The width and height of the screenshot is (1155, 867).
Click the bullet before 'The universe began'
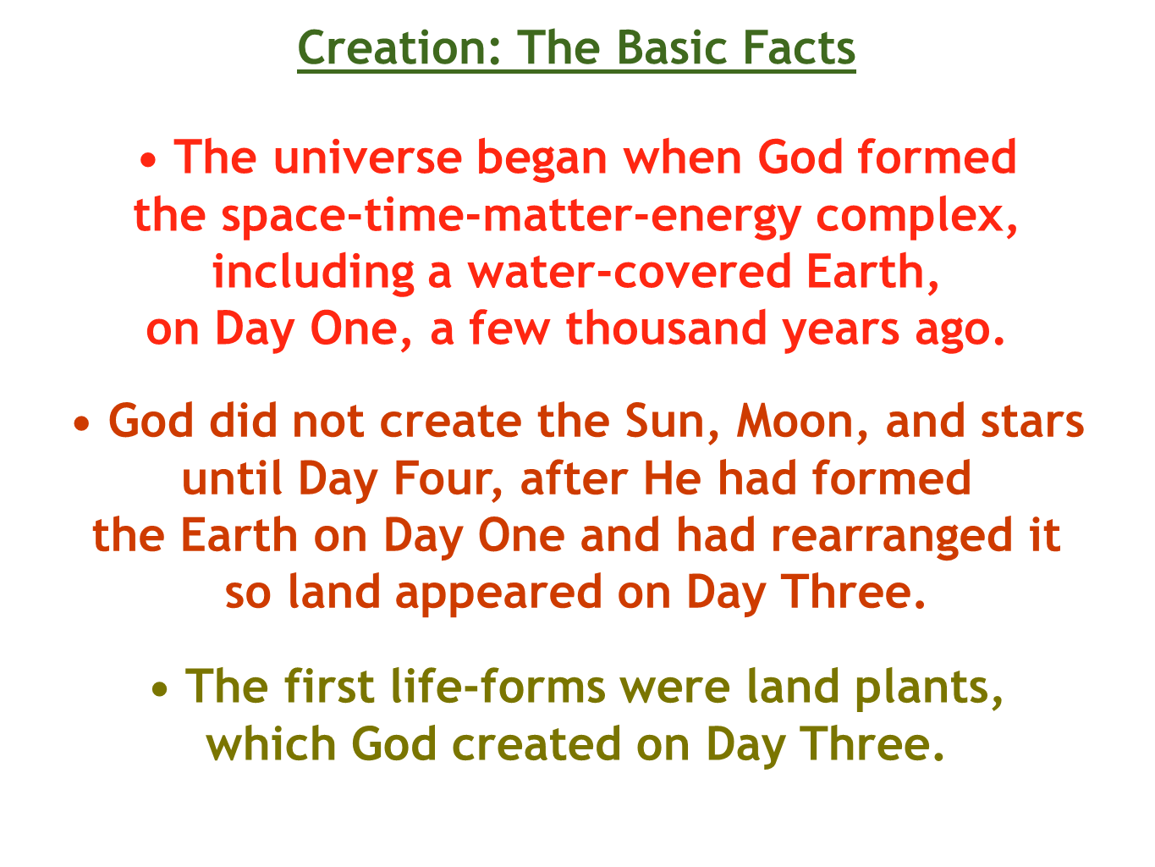[148, 160]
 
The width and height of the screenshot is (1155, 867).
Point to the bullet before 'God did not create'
[81, 423]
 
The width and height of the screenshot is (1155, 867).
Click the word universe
[368, 157]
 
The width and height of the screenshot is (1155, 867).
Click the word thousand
[666, 329]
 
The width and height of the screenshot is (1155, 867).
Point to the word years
[841, 333]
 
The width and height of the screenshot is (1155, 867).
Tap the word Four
[448, 479]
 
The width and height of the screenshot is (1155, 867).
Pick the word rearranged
[892, 538]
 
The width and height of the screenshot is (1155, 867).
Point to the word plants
[929, 689]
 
